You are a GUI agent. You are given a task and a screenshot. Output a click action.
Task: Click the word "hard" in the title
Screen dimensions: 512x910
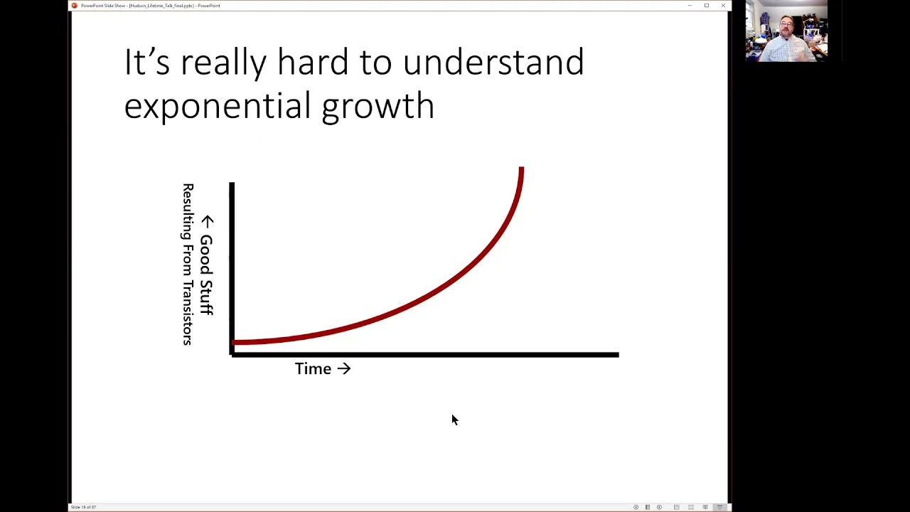coord(314,63)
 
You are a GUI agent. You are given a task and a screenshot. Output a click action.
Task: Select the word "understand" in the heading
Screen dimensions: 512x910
coord(493,63)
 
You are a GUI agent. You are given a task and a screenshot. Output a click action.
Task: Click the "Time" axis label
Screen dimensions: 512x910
coord(313,368)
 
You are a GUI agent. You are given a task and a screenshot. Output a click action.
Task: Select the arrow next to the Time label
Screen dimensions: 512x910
coord(344,368)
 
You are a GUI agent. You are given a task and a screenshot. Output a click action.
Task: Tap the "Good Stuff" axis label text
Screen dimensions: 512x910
coord(206,274)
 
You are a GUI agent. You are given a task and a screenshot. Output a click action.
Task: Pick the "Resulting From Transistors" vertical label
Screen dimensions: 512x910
coord(188,265)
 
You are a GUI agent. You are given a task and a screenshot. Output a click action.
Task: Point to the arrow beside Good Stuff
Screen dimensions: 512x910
coord(207,221)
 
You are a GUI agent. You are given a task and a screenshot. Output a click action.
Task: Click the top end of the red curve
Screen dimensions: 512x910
coord(521,169)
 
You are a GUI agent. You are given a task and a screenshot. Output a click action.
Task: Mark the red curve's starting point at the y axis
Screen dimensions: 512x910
coord(235,343)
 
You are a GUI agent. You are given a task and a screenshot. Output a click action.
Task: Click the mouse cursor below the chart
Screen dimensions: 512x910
coord(454,420)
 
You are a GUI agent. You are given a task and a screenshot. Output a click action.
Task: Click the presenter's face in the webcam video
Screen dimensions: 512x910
coord(787,28)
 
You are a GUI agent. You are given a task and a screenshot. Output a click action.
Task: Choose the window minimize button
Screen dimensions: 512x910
coord(690,6)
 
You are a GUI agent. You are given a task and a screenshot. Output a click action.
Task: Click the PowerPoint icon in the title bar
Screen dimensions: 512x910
coord(75,6)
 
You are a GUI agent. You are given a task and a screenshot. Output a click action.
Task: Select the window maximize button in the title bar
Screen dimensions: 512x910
coord(707,6)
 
